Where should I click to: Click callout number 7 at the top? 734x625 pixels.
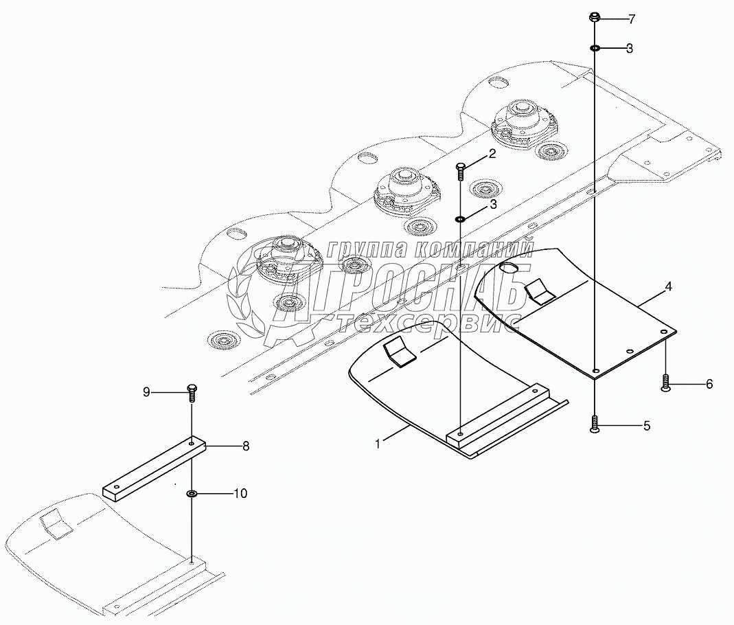[631, 19]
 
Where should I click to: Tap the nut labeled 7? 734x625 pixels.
[595, 18]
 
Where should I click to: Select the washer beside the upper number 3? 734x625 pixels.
[595, 48]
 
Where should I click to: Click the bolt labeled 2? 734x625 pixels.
[461, 170]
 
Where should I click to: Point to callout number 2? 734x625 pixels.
[492, 154]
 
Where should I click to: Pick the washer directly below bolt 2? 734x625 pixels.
[461, 219]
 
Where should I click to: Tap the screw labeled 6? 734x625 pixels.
[665, 383]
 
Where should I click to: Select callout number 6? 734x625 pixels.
[709, 384]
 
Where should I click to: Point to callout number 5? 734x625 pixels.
[646, 426]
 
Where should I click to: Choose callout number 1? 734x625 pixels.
[378, 444]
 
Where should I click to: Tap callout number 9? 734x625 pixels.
[146, 392]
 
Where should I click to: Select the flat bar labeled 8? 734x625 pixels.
[154, 467]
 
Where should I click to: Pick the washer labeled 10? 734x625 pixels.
[191, 493]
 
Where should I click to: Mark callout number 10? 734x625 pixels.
[240, 493]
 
